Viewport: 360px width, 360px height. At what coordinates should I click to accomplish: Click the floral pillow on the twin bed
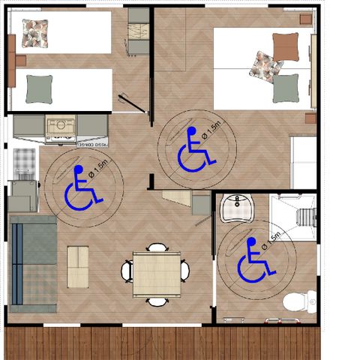(34, 32)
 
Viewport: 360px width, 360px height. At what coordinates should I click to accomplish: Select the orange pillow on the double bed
(285, 49)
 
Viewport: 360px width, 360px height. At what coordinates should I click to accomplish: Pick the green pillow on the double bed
(285, 88)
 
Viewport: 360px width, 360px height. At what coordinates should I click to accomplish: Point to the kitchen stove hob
(60, 127)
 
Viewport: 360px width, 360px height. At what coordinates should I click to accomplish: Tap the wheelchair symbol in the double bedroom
(193, 150)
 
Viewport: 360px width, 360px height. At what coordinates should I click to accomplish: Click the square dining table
(156, 273)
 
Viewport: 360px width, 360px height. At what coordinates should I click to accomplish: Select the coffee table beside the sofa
(77, 267)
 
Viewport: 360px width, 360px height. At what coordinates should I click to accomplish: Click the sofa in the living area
(33, 262)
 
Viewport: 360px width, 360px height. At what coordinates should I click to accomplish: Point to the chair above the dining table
(157, 247)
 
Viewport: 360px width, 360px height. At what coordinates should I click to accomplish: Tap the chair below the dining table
(157, 301)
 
